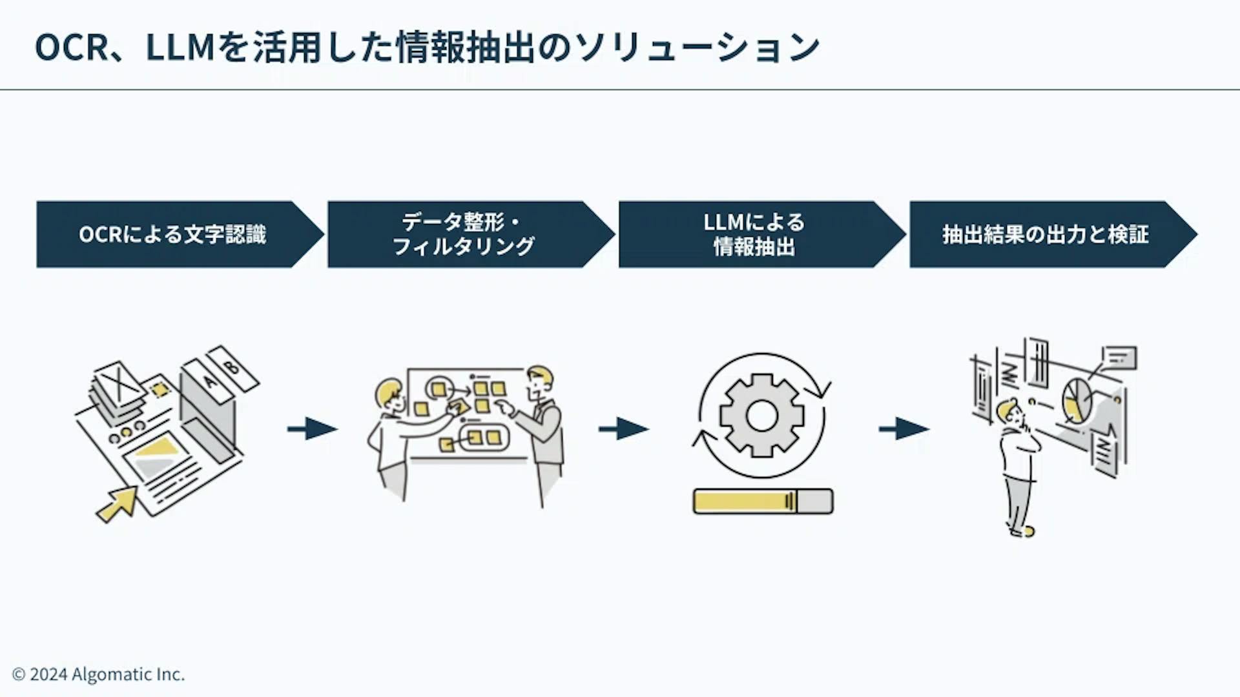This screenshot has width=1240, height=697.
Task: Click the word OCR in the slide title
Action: (71, 47)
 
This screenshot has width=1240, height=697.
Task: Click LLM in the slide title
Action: (180, 47)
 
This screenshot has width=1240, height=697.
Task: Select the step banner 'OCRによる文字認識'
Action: (172, 234)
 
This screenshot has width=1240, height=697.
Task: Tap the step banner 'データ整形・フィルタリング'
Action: (463, 234)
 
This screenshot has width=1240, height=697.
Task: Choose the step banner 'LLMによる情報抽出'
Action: (754, 234)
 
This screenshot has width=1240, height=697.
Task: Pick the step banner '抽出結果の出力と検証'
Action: (1045, 234)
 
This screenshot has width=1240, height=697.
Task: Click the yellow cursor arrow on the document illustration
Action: (118, 504)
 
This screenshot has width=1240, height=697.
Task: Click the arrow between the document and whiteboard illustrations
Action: (313, 429)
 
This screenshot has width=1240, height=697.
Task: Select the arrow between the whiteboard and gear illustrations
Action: (624, 429)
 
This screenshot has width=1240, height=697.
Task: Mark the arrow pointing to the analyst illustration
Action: (904, 429)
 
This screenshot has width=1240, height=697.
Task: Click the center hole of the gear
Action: (762, 416)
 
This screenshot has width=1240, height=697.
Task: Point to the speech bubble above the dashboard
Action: (1119, 358)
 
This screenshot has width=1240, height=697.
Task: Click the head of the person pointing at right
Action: (539, 381)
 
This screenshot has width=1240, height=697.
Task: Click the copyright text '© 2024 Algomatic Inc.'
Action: (99, 674)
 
